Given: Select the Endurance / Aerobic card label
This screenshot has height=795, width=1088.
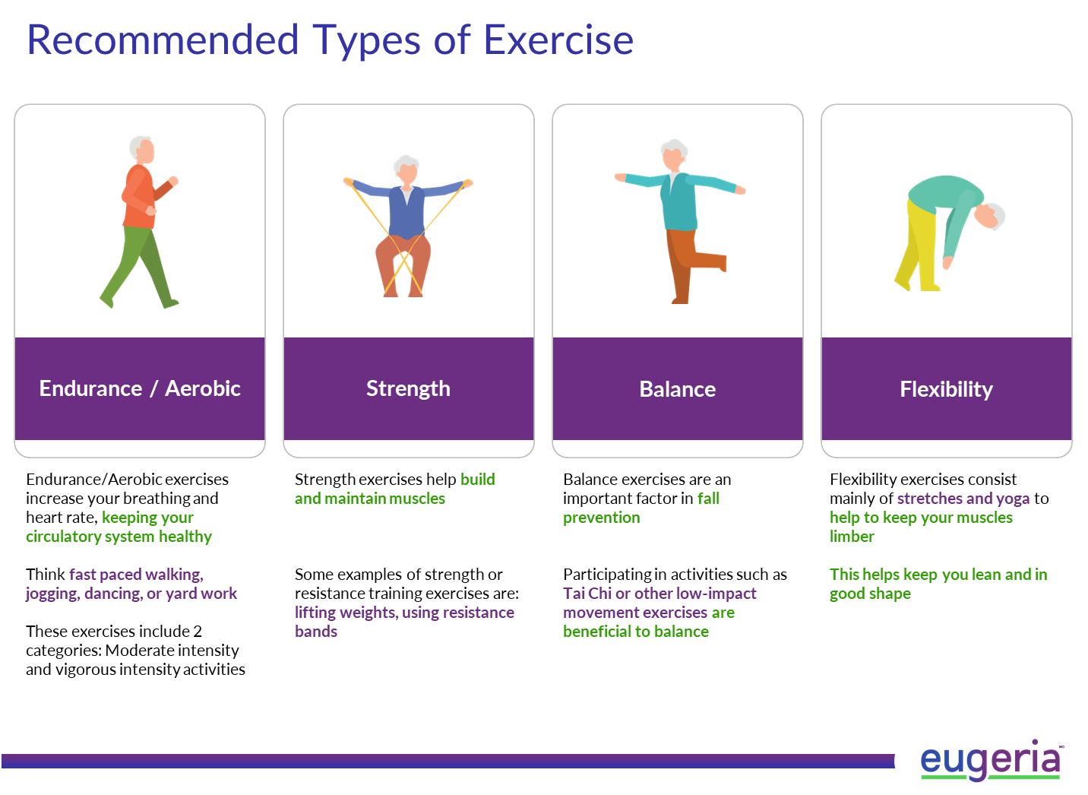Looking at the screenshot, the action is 140,388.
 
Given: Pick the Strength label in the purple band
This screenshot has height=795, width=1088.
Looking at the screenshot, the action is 409,389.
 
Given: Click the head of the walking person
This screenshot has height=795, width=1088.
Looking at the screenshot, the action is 142,149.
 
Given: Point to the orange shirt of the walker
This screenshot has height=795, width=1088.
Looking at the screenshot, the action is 140,197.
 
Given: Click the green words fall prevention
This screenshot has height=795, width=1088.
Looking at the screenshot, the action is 641,508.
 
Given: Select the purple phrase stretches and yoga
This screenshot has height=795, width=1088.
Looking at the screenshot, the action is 963,499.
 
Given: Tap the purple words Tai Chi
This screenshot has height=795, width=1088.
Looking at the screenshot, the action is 587,594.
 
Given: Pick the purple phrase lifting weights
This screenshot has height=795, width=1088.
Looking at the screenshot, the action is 346,613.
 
